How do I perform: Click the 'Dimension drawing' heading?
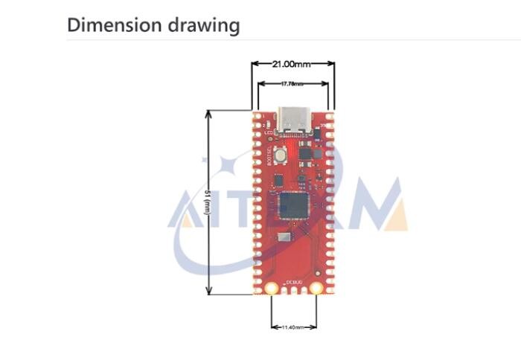(153, 25)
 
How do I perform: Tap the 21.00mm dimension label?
(293, 64)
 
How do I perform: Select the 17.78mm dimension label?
(293, 83)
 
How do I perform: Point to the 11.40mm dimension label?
(292, 327)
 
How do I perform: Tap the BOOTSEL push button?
(281, 156)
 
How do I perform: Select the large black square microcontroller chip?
(293, 205)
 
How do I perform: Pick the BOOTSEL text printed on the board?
(269, 158)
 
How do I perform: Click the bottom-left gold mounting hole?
(271, 288)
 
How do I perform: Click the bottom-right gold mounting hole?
(316, 288)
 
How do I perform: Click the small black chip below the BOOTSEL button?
(278, 180)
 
